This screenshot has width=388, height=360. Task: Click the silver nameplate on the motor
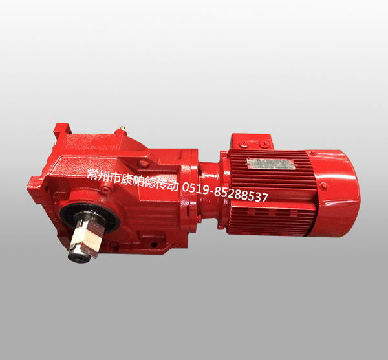270,164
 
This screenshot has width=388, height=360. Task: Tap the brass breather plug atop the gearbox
122,129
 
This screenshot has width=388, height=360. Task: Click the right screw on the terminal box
263,143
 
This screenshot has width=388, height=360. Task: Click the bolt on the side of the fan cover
324,187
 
